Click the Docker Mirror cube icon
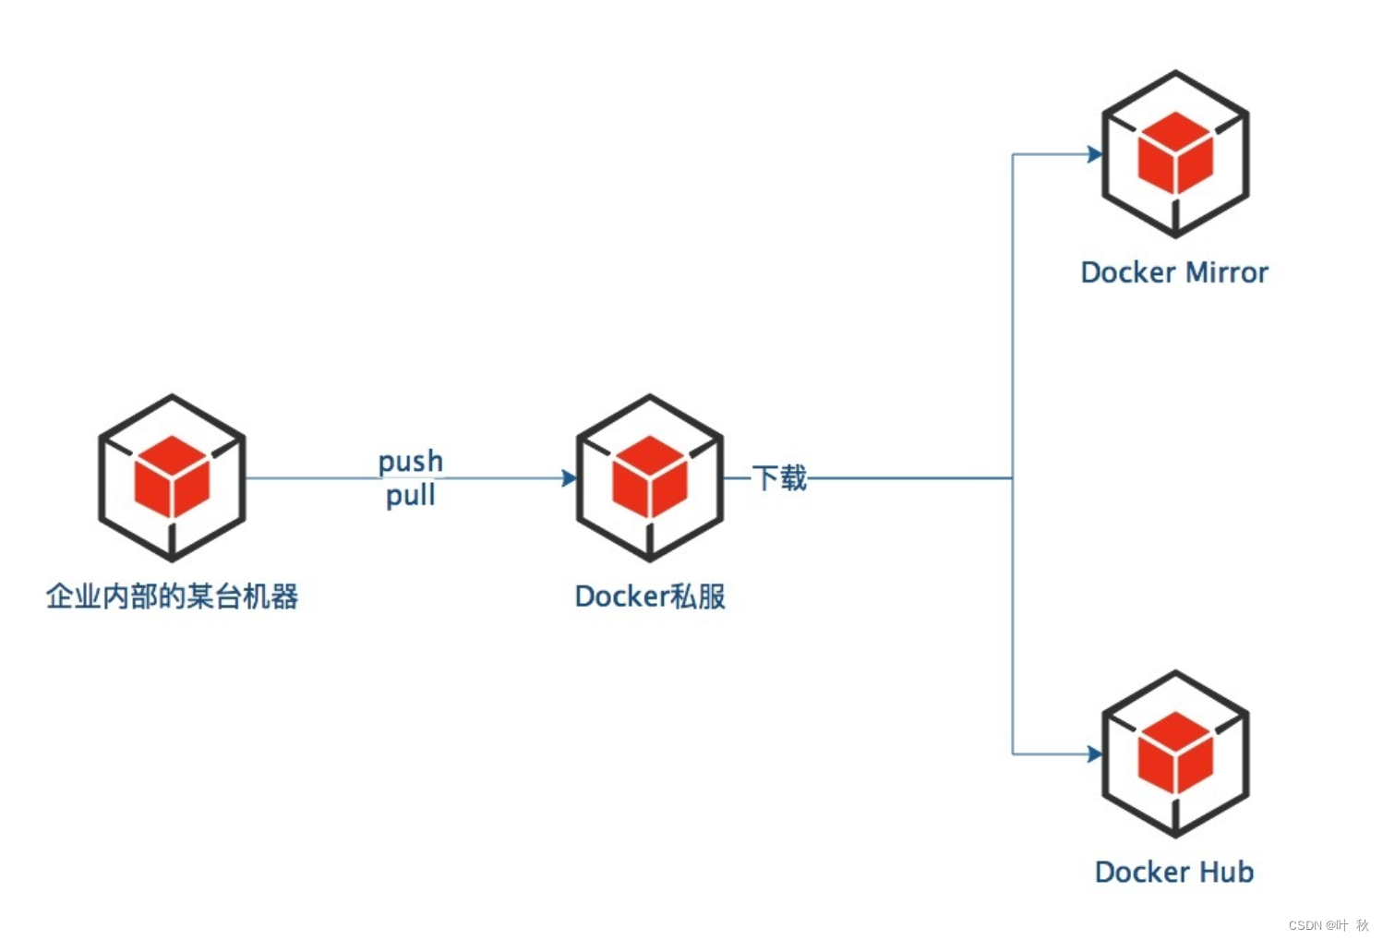pyautogui.click(x=1174, y=154)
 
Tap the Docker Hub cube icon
pyautogui.click(x=1174, y=753)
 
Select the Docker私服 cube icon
pyautogui.click(x=649, y=477)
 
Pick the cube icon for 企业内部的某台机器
pyautogui.click(x=172, y=477)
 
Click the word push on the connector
pyautogui.click(x=411, y=461)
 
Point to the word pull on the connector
pyautogui.click(x=411, y=496)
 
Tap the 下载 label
pyautogui.click(x=779, y=477)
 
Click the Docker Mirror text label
pyautogui.click(x=1174, y=272)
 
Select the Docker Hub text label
pyautogui.click(x=1174, y=872)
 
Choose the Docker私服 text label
pyautogui.click(x=650, y=597)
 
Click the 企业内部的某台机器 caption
pyautogui.click(x=172, y=597)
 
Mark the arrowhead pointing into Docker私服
pyautogui.click(x=569, y=478)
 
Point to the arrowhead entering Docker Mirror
pyautogui.click(x=1095, y=154)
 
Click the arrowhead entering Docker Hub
pyautogui.click(x=1095, y=754)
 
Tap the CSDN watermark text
pyautogui.click(x=1329, y=924)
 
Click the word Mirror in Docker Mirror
pyautogui.click(x=1227, y=272)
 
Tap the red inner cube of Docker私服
pyautogui.click(x=649, y=476)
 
